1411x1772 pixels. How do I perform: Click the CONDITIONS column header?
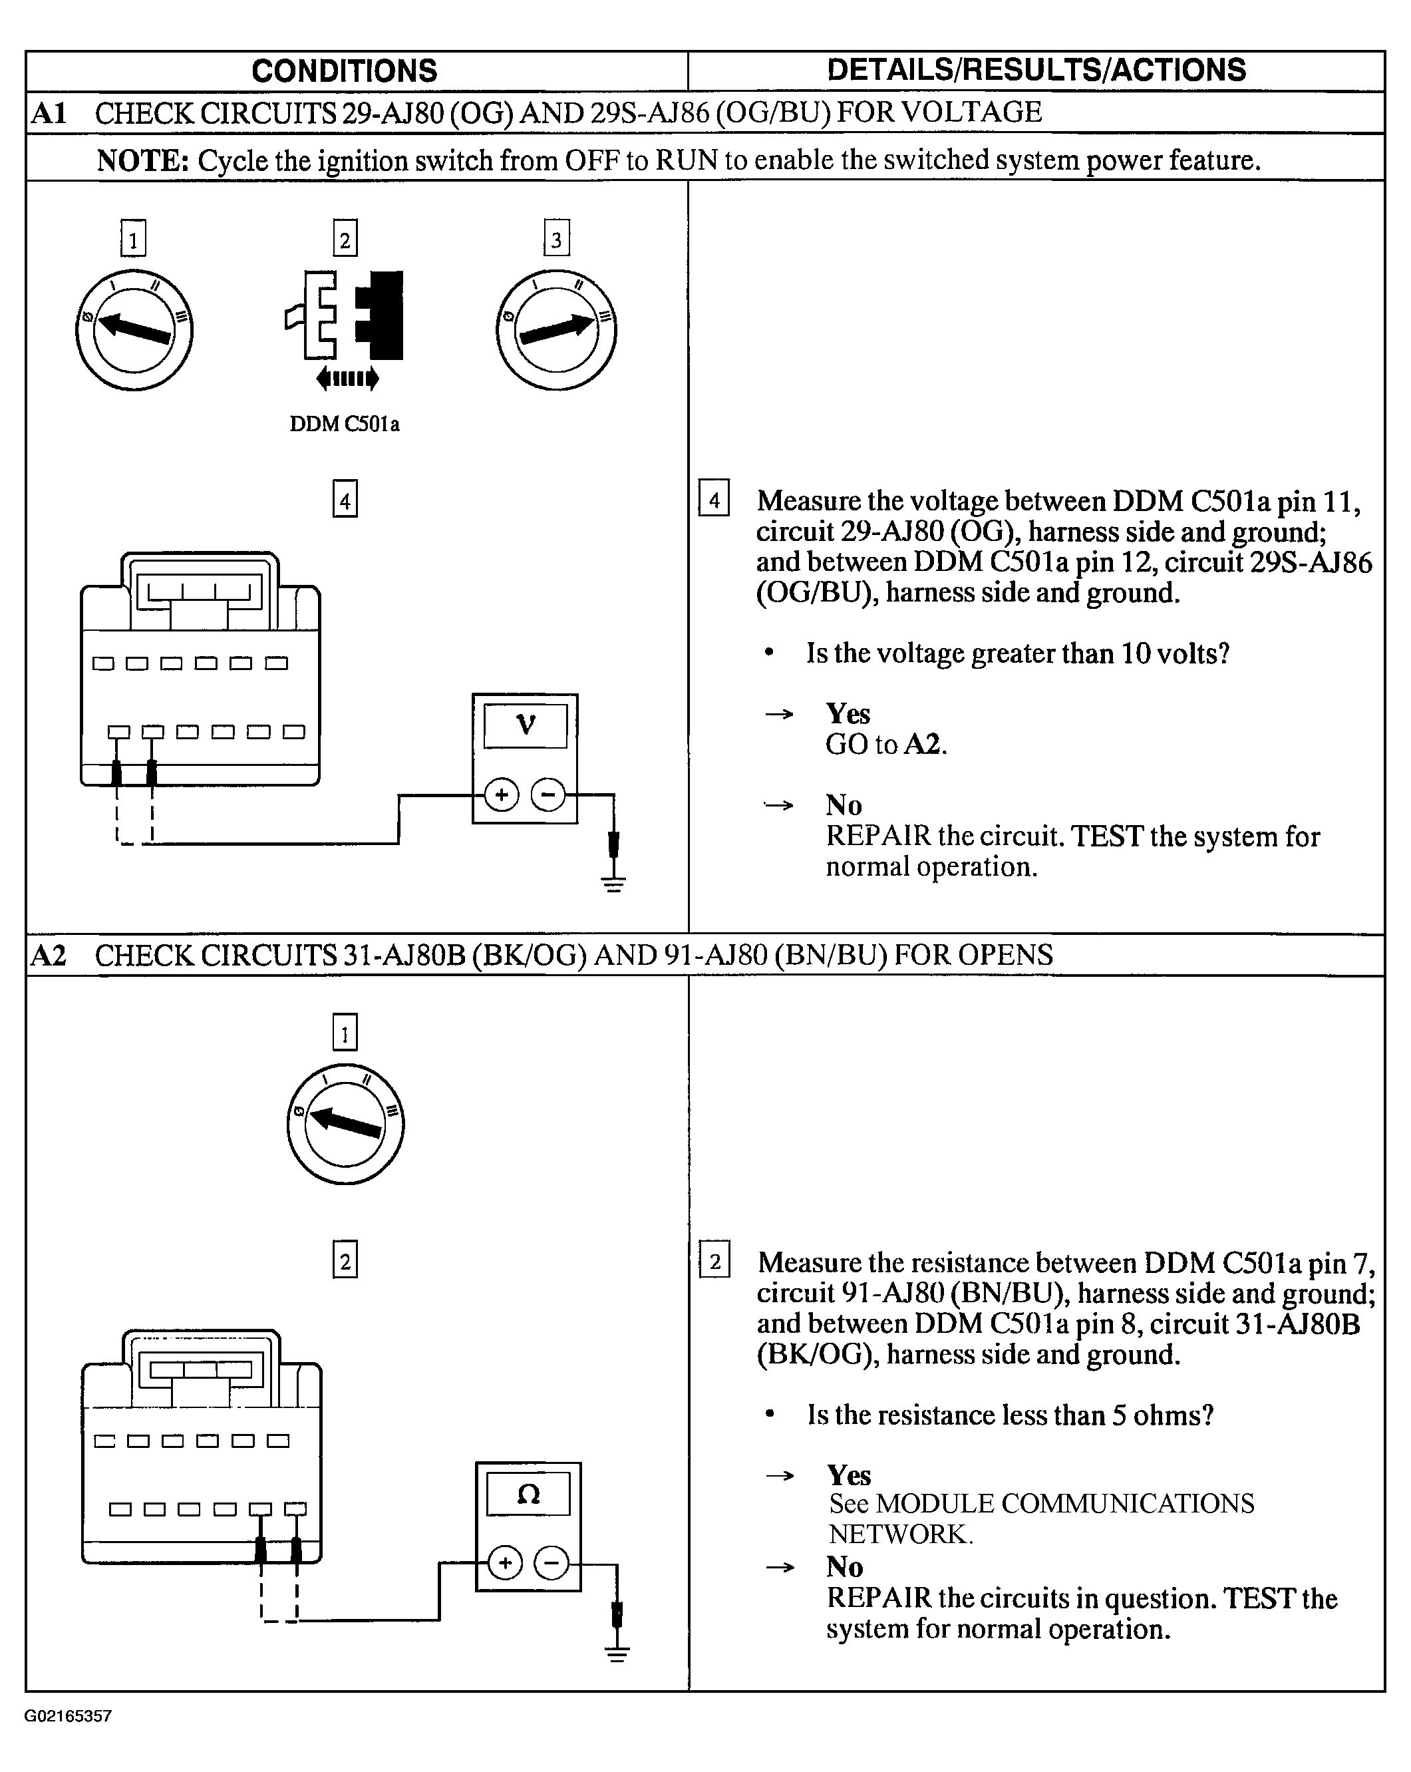click(x=345, y=71)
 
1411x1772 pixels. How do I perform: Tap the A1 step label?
click(x=49, y=112)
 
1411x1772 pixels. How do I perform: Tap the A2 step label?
click(x=49, y=955)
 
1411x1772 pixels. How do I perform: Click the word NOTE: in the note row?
click(x=143, y=160)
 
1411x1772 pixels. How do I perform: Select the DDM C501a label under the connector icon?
click(x=345, y=424)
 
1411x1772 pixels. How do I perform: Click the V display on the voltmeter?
click(x=525, y=725)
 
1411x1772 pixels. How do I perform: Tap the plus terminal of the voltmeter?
click(x=502, y=795)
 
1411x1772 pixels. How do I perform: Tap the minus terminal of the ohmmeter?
click(x=551, y=1562)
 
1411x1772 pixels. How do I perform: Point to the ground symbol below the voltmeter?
click(x=613, y=884)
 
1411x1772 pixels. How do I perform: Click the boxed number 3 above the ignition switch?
click(x=556, y=239)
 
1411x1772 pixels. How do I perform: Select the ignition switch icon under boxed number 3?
click(x=556, y=329)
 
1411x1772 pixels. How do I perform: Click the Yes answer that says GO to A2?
click(x=848, y=713)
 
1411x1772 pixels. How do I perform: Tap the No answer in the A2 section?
click(x=845, y=1566)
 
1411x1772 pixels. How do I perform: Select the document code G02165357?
click(x=69, y=1716)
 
